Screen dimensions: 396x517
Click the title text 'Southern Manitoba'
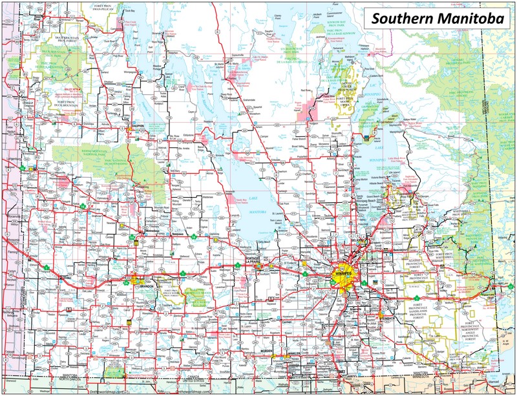click(438, 19)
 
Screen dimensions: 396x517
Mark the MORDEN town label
click(266, 352)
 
